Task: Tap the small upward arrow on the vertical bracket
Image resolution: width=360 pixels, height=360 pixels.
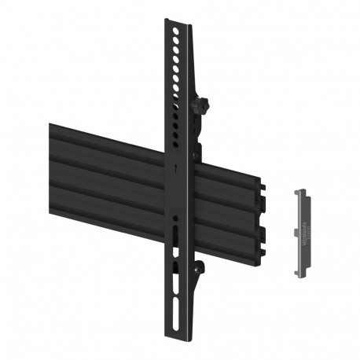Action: tap(176, 167)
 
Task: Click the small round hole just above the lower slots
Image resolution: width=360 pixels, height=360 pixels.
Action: tap(176, 216)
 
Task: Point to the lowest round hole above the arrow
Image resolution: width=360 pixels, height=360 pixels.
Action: tap(176, 146)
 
